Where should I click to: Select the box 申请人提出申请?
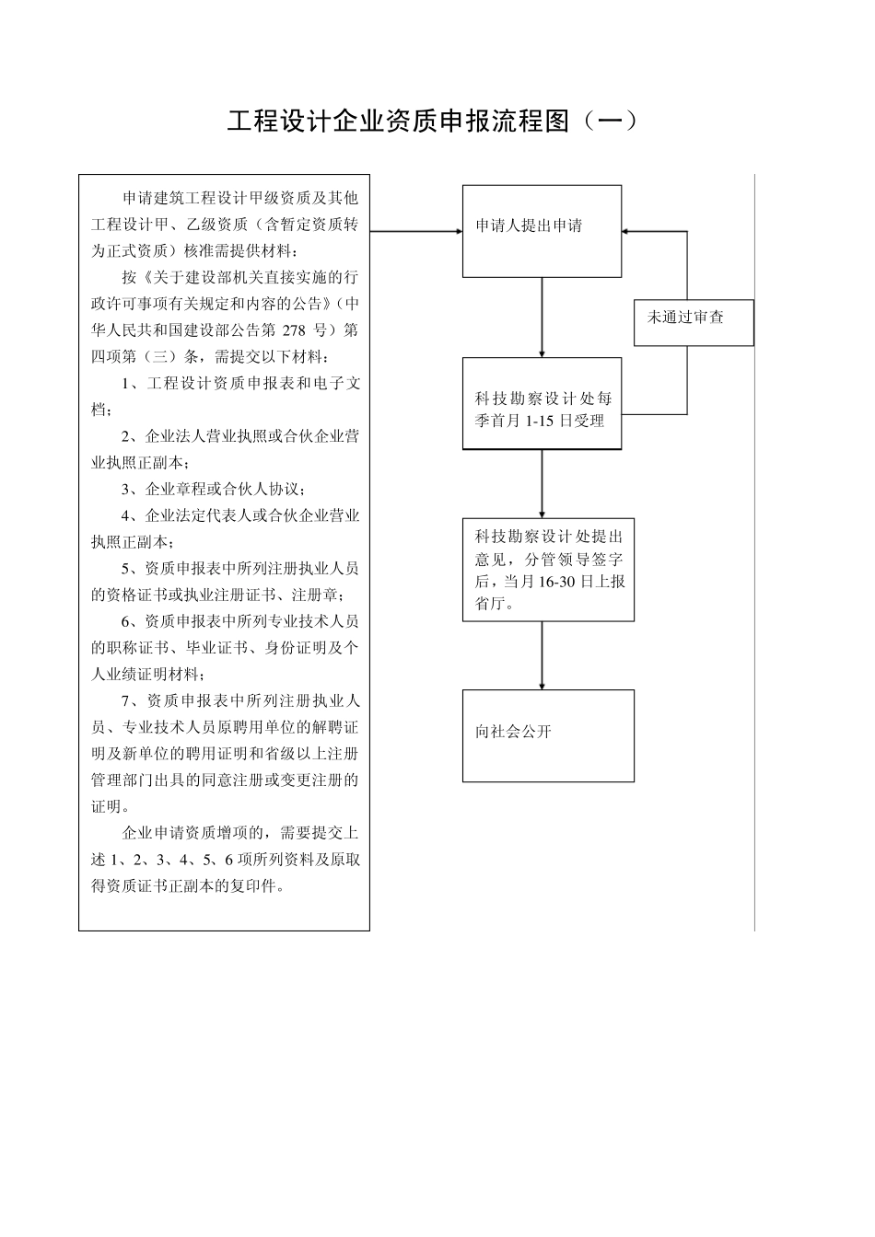coord(542,231)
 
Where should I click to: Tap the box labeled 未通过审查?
coord(694,322)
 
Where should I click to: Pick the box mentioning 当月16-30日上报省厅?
coord(548,570)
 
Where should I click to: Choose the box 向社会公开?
coord(548,735)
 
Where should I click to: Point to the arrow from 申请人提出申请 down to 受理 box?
coord(542,317)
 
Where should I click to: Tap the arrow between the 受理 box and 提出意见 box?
coord(542,483)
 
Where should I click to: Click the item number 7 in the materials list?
coord(126,700)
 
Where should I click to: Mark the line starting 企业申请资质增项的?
coord(239,833)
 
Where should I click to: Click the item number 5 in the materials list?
coord(126,568)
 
